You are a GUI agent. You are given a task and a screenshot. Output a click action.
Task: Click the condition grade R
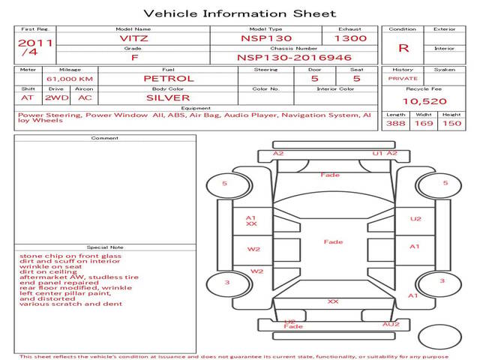tap(403, 47)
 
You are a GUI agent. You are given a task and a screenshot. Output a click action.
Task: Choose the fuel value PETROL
tap(168, 78)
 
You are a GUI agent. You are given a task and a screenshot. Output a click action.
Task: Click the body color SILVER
tap(168, 97)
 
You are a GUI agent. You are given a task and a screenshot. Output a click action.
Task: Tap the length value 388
tap(395, 123)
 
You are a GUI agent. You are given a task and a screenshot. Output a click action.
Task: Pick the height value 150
tap(451, 123)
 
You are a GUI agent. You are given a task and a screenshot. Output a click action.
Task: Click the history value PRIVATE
tap(403, 78)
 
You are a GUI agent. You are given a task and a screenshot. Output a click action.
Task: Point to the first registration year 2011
tap(34, 43)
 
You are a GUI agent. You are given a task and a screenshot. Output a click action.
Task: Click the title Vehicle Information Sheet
tap(239, 13)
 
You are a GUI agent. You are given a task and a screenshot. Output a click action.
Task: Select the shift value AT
tap(27, 97)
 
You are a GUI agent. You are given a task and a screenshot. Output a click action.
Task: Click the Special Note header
tap(104, 247)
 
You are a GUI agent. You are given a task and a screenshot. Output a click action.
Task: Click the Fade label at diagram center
tap(333, 241)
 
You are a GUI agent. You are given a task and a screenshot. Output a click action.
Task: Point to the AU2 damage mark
tap(391, 324)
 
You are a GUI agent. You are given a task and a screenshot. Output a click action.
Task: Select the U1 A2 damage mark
tap(384, 153)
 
